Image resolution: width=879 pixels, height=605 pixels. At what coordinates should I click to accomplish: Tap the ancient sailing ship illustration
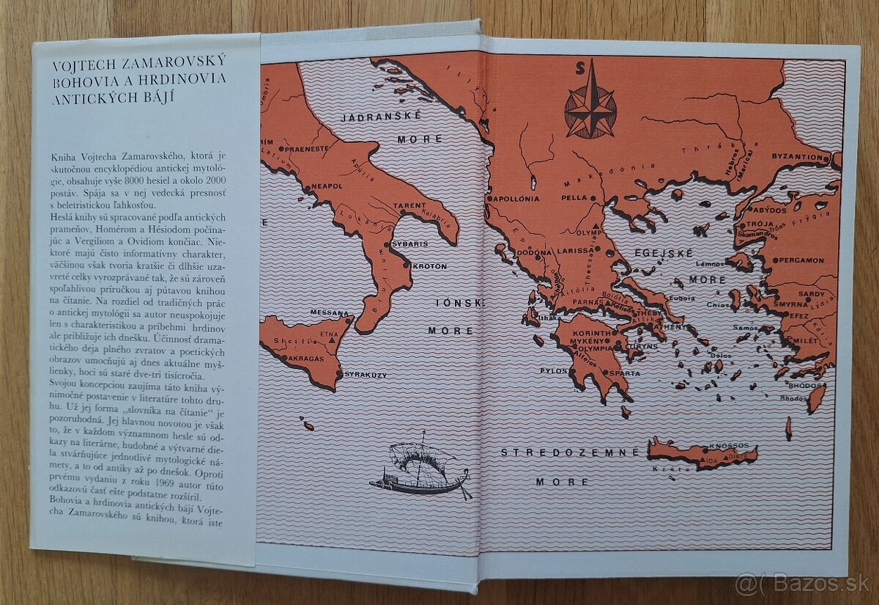tap(421, 469)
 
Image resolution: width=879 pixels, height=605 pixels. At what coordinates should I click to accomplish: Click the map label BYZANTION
tap(797, 157)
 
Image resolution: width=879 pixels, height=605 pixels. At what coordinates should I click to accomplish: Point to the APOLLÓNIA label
tap(517, 198)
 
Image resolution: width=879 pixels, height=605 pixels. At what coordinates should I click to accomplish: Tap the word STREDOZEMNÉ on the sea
tap(570, 452)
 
